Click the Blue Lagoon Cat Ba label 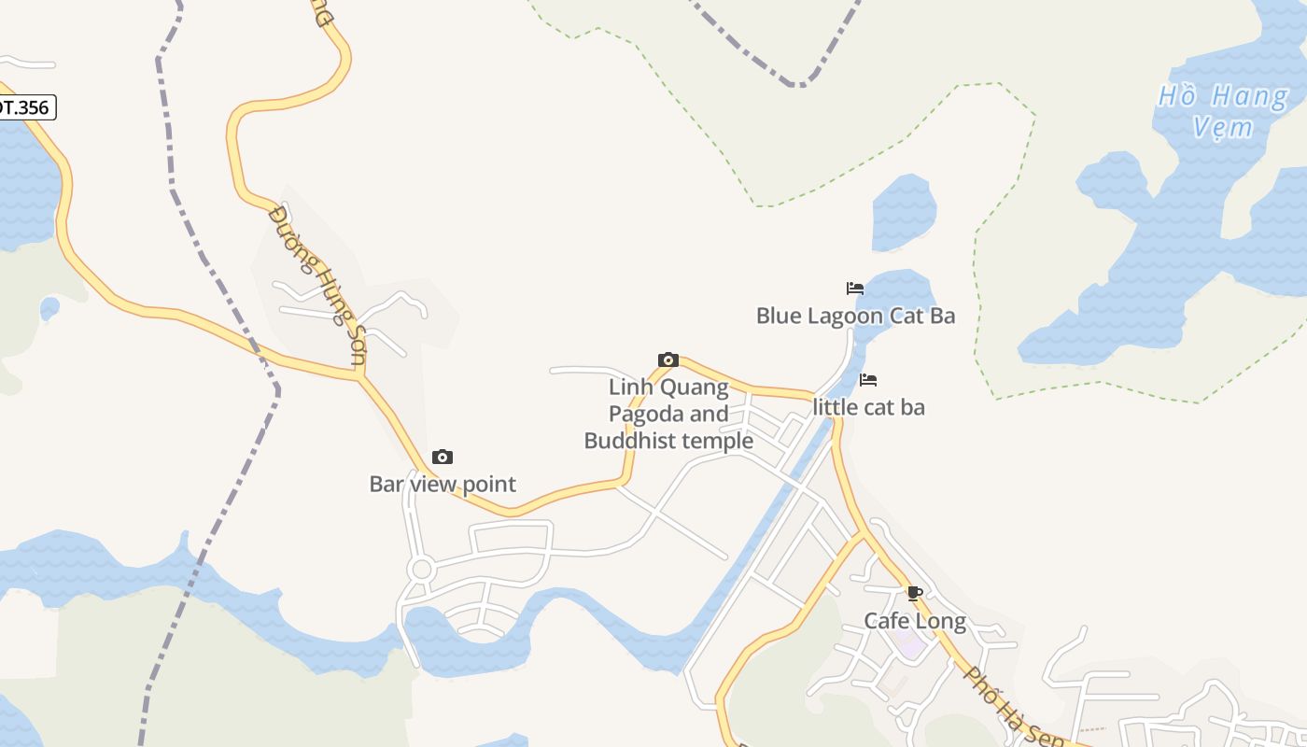[x=855, y=316]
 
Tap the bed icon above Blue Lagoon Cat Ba [x=854, y=288]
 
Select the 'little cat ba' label [x=868, y=407]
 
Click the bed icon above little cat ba [x=868, y=380]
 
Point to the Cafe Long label [x=914, y=621]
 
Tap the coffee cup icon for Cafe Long [x=914, y=593]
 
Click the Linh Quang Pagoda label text [x=668, y=413]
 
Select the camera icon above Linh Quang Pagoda [x=668, y=359]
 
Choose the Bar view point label [x=443, y=484]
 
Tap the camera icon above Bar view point [x=443, y=457]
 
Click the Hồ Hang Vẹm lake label [x=1223, y=110]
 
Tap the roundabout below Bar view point [x=420, y=569]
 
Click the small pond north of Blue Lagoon [x=903, y=212]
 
